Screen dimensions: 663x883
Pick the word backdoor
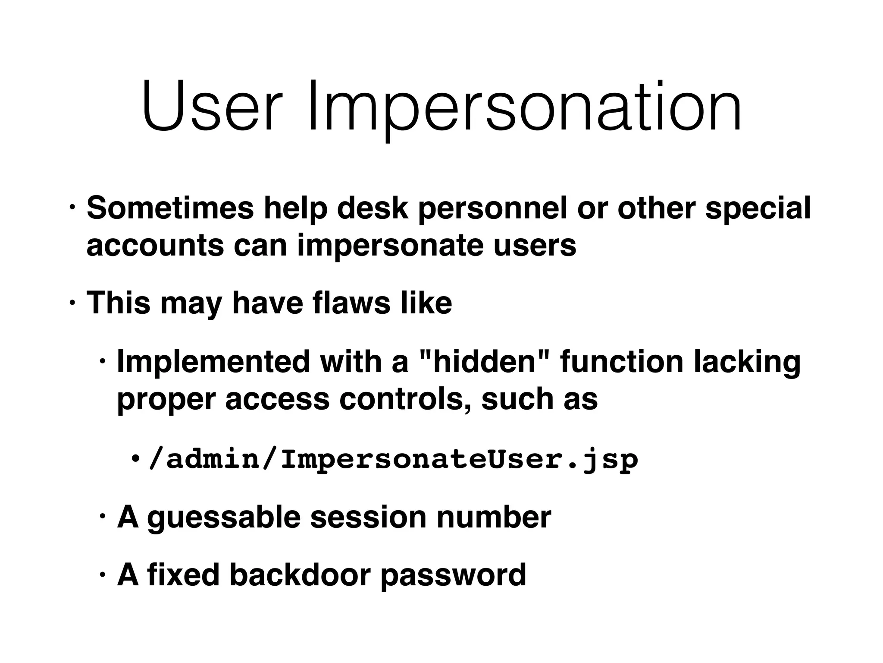point(300,575)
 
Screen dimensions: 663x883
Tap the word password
point(453,576)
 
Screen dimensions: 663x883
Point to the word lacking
point(747,363)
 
